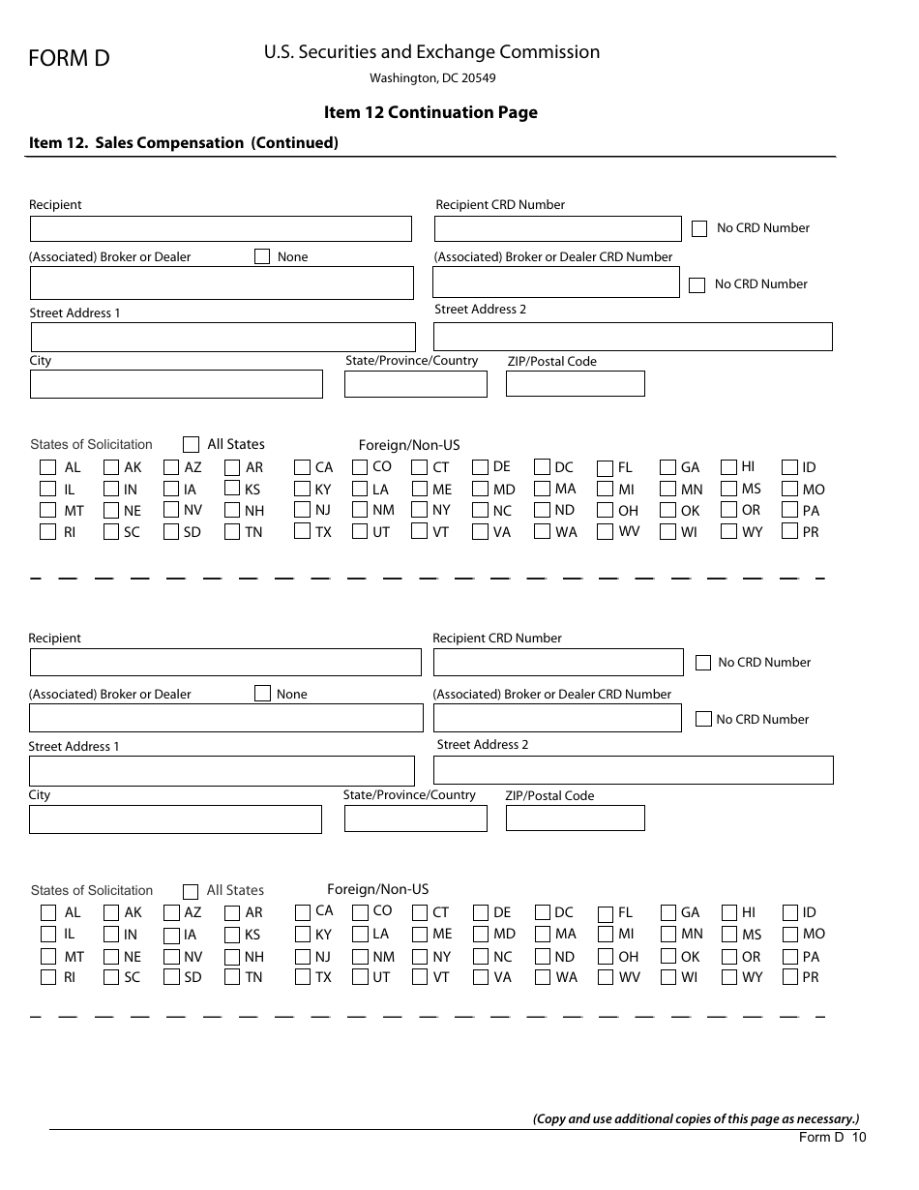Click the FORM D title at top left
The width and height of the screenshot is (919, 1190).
(69, 59)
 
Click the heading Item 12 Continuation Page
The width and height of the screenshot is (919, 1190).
(430, 112)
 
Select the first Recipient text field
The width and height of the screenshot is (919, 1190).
(221, 229)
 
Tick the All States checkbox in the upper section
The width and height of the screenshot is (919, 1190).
(191, 445)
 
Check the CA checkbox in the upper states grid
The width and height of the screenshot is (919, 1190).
(303, 468)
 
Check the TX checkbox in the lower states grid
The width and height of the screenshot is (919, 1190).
(303, 977)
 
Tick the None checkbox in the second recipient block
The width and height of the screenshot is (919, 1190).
(262, 694)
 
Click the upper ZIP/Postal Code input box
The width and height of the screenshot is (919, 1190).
(575, 384)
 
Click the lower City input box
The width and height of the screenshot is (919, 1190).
(175, 819)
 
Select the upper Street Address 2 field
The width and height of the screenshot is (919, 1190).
(633, 337)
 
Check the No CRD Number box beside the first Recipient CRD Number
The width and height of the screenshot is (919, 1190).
(699, 229)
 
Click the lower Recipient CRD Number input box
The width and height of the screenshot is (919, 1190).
(558, 663)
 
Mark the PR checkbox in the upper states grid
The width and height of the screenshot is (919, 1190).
(789, 532)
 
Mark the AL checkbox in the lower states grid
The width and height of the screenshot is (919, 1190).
(48, 912)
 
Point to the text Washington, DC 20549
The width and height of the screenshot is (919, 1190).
(432, 78)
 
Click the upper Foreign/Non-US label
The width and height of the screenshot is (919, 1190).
(409, 445)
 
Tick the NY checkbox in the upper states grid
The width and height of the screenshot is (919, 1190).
(419, 510)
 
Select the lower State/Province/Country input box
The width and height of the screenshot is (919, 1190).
(415, 818)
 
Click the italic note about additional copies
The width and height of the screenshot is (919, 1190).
(696, 1118)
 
